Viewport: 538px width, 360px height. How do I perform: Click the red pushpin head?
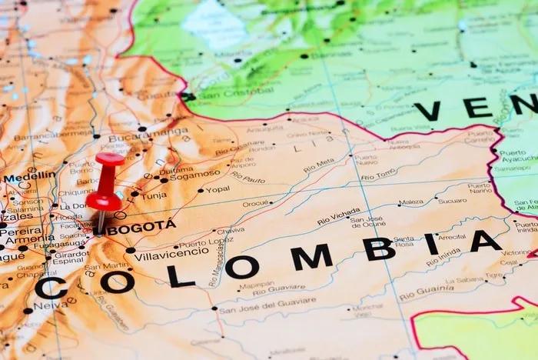[109, 160]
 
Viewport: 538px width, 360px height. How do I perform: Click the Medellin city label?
[29, 176]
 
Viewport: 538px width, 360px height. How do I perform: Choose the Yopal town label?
[217, 189]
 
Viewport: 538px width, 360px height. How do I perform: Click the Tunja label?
[153, 195]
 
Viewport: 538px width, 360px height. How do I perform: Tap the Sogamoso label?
[194, 175]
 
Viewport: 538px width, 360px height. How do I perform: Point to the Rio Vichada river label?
[338, 216]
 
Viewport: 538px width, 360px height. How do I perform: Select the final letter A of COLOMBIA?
[486, 242]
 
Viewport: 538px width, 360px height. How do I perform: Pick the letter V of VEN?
[427, 111]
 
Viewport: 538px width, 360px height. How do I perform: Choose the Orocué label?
[257, 204]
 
